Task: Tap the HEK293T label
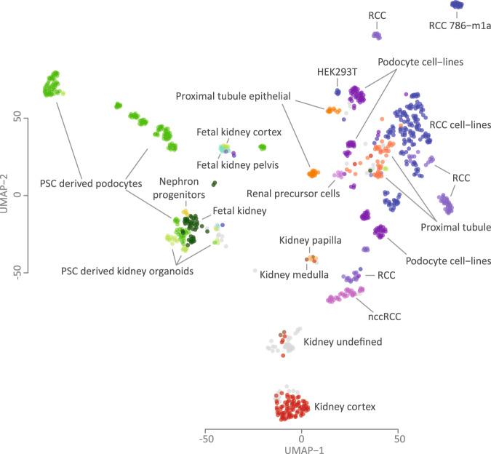337,72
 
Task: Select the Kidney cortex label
345,406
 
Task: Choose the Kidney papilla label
311,239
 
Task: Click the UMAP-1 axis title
302,449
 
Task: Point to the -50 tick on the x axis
206,439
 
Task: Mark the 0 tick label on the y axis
25,195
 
